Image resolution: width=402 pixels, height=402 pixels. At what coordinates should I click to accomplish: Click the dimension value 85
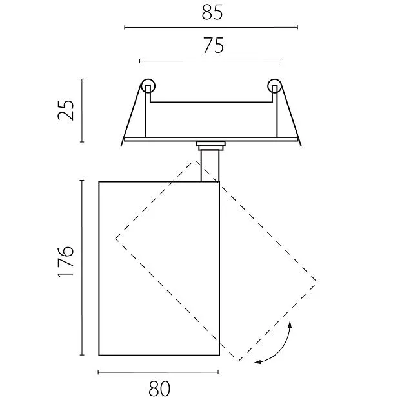(212, 12)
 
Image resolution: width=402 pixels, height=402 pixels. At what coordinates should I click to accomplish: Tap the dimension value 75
(214, 45)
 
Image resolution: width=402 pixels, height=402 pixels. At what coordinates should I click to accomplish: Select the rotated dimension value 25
(66, 110)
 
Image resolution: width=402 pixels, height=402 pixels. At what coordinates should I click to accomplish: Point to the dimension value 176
(66, 262)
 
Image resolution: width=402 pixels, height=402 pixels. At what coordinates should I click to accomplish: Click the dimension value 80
(159, 388)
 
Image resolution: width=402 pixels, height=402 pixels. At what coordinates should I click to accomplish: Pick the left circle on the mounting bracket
(148, 86)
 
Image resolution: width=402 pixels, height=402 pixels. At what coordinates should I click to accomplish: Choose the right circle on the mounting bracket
(275, 86)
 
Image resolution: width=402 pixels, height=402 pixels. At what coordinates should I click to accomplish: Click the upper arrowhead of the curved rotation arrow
(290, 324)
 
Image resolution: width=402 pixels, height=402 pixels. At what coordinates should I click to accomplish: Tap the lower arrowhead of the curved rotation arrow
(257, 362)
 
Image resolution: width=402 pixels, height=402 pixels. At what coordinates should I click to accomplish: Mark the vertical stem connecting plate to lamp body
(210, 166)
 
